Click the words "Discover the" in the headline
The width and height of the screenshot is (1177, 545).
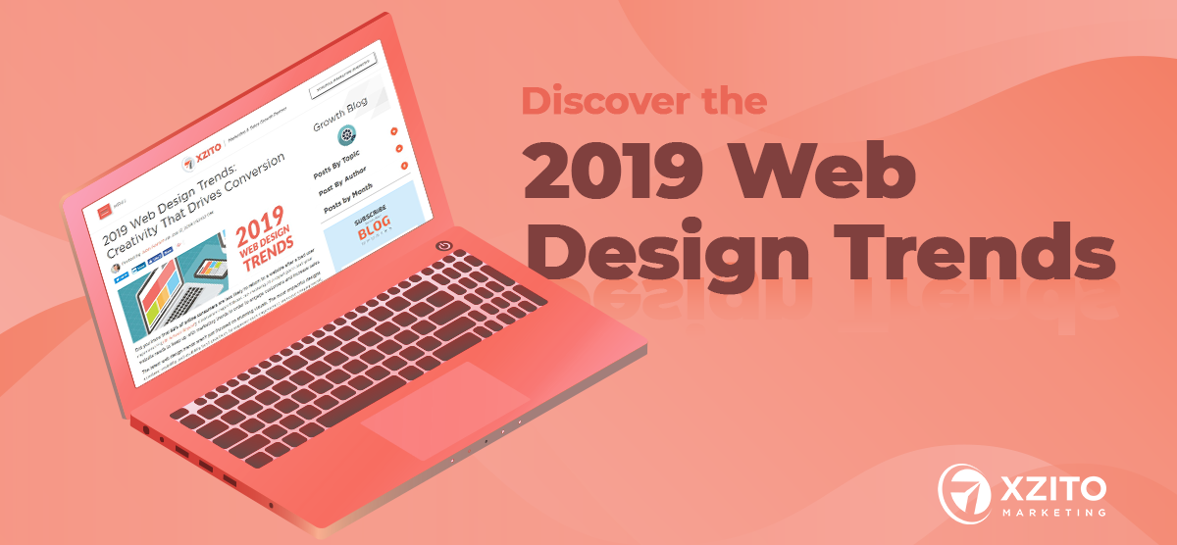643,102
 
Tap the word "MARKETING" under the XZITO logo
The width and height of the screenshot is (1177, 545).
1049,512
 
